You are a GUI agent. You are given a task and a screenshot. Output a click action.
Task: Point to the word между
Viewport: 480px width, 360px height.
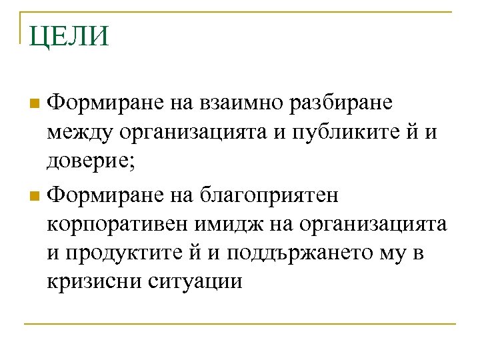point(81,135)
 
